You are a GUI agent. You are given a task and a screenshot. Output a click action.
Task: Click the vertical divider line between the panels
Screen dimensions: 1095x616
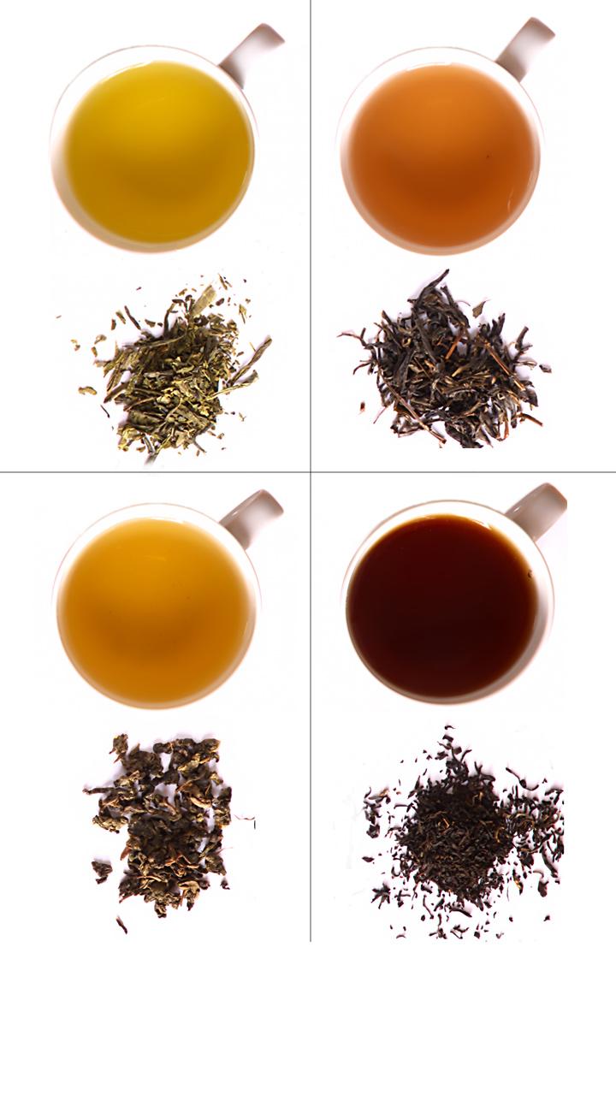click(311, 257)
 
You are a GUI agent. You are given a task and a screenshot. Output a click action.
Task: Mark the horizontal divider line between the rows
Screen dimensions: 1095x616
click(154, 471)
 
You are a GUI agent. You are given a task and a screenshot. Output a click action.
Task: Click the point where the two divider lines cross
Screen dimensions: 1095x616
click(311, 471)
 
